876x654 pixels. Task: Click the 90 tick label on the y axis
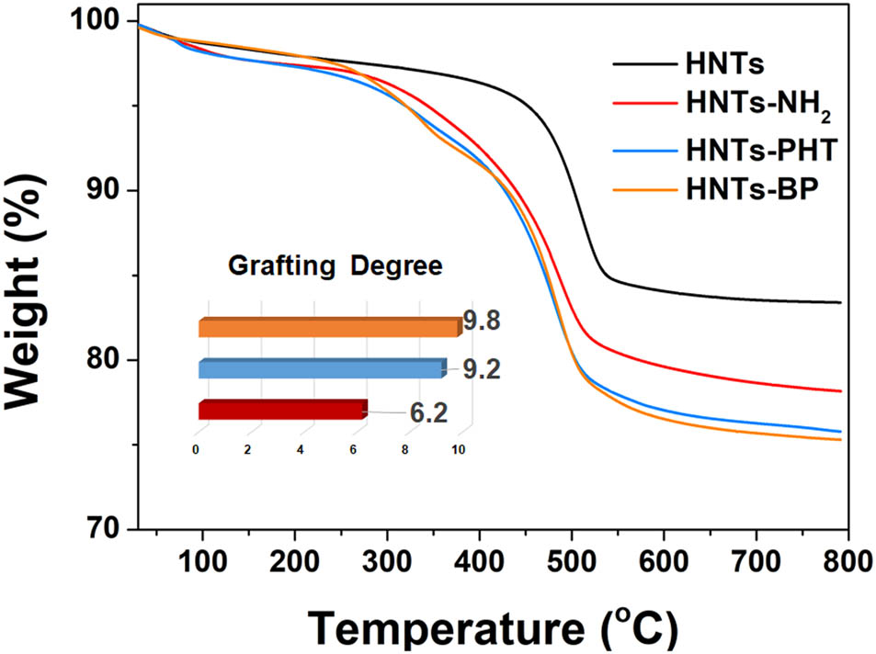point(104,190)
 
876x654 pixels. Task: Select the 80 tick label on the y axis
point(104,360)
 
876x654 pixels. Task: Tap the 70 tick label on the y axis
point(104,529)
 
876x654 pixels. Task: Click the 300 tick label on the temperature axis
point(387,559)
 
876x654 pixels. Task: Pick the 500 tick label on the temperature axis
point(572,559)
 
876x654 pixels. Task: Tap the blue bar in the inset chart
point(320,369)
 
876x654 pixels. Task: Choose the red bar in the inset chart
point(281,411)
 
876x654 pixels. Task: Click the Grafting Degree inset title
point(336,266)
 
